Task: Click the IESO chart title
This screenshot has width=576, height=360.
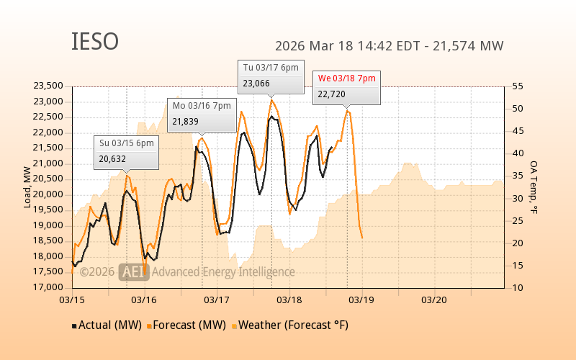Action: [x=94, y=42]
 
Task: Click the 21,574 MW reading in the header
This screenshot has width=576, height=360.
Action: [x=471, y=46]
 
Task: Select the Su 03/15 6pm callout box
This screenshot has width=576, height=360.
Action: [x=127, y=151]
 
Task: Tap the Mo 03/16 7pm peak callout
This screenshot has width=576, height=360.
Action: [x=202, y=114]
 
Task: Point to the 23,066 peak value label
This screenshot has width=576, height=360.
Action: [x=257, y=84]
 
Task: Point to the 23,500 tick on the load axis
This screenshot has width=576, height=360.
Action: [x=48, y=86]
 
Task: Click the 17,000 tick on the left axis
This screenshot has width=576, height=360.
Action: [x=48, y=288]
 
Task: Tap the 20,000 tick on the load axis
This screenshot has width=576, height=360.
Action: [x=48, y=194]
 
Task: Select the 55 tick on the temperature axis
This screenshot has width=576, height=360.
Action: [x=518, y=86]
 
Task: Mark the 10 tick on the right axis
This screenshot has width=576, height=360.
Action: [x=518, y=288]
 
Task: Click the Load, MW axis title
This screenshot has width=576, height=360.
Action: [x=27, y=187]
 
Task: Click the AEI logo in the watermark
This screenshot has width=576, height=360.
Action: [x=134, y=271]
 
